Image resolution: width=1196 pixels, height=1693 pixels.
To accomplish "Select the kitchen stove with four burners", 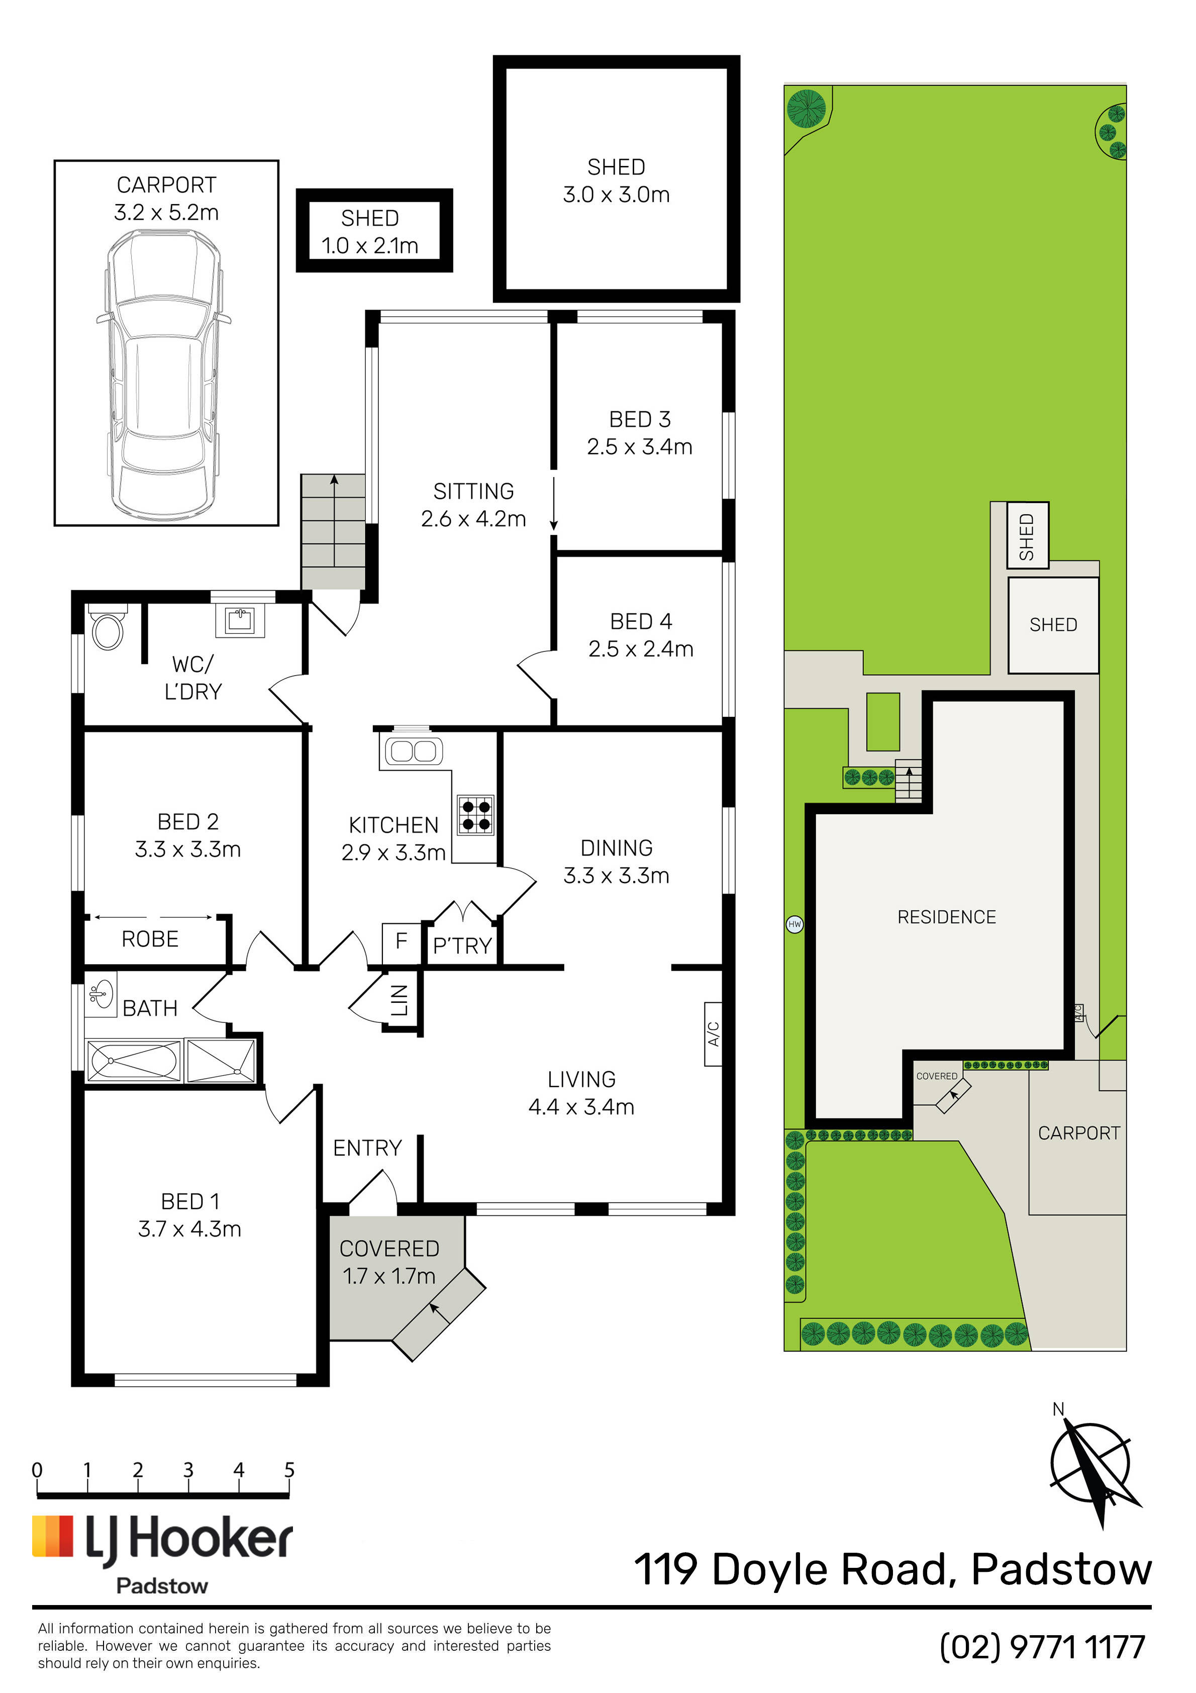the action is tap(475, 815).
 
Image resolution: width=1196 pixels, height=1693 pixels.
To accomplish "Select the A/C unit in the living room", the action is tap(713, 1034).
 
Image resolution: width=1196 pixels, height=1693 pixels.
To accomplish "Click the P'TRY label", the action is tap(462, 946).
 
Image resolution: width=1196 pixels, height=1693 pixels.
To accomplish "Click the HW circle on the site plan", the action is tap(794, 924).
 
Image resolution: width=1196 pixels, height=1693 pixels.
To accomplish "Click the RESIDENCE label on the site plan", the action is tap(947, 917).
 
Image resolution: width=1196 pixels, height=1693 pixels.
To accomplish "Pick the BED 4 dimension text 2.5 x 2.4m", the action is tap(641, 649).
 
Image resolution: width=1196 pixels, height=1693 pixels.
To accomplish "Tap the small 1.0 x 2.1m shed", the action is tap(374, 230).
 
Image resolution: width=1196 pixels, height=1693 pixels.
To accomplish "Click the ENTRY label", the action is tap(367, 1148).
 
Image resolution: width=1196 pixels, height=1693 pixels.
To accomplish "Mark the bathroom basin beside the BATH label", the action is tap(101, 994).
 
